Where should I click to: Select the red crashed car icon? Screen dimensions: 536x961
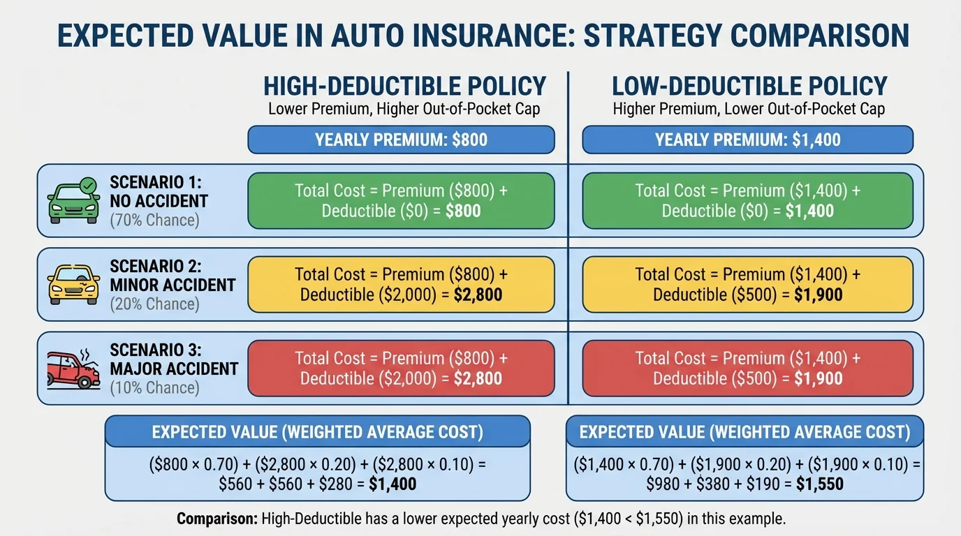(73, 368)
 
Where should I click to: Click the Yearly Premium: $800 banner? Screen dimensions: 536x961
(401, 140)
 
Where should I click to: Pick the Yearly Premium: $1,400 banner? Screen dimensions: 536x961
(747, 140)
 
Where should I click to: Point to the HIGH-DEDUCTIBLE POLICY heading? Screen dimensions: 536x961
(404, 86)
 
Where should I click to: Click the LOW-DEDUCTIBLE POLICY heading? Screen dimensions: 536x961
(749, 86)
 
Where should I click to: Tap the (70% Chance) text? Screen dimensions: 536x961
(154, 221)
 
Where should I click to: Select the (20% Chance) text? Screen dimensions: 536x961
(154, 304)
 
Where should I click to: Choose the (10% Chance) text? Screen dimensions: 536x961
(154, 388)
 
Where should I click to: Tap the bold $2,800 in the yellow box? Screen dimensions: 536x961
(478, 295)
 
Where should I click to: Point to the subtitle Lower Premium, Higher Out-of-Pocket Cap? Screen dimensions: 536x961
(404, 109)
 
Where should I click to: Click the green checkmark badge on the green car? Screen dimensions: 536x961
(88, 186)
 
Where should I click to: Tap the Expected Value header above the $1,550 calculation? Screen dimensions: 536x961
(744, 432)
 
